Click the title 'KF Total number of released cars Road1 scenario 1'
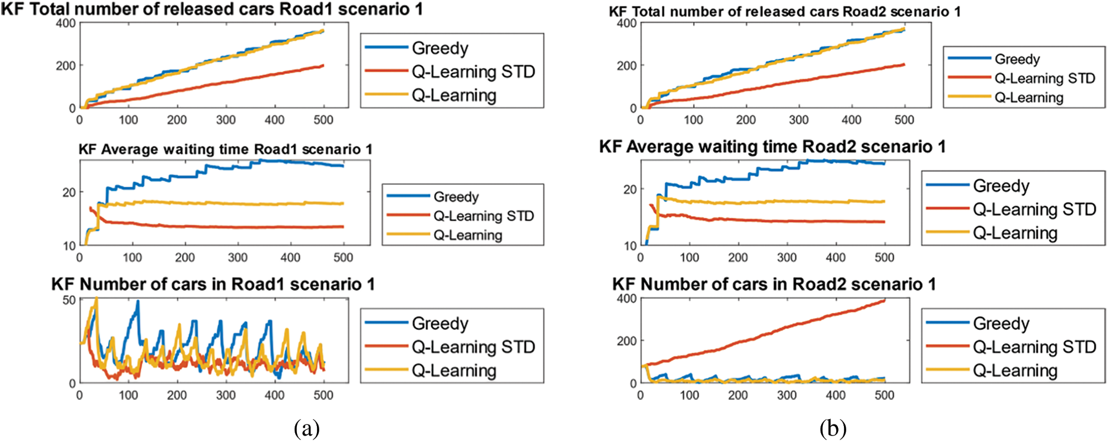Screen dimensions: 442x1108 click(x=211, y=9)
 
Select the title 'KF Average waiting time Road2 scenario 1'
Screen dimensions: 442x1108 click(x=772, y=147)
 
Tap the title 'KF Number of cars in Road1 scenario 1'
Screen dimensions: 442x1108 click(x=212, y=285)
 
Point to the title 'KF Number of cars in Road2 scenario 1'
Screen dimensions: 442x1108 click(x=773, y=285)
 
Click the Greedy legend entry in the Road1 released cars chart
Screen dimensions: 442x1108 click(x=440, y=48)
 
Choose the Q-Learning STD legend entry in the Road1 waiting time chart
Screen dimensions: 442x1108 click(x=484, y=216)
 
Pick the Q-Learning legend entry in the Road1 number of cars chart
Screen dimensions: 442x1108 click(x=454, y=371)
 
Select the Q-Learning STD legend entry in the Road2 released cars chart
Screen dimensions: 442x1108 click(x=1045, y=79)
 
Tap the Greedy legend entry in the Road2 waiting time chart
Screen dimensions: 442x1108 click(x=1001, y=186)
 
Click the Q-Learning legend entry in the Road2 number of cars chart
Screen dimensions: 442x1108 click(x=1015, y=371)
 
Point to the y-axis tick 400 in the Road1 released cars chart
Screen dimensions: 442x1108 click(x=66, y=23)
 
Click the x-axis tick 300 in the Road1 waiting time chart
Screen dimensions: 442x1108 click(x=238, y=258)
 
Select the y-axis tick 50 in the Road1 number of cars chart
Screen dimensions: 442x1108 click(x=69, y=300)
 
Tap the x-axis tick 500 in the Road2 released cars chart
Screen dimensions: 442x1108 click(x=904, y=120)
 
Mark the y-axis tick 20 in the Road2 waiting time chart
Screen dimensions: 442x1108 click(x=630, y=190)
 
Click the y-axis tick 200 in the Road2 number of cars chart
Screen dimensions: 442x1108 click(x=626, y=341)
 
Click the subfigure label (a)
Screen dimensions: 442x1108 click(x=306, y=429)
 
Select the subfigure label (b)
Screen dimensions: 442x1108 click(x=832, y=429)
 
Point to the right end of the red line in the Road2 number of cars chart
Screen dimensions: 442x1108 click(x=884, y=301)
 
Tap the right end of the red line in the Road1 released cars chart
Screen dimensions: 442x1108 click(x=323, y=65)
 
